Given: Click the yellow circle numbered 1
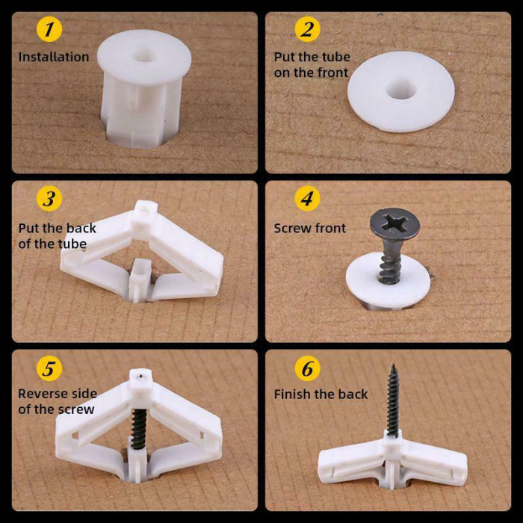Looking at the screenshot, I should pos(49,31).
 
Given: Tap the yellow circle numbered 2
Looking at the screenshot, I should pos(307,31).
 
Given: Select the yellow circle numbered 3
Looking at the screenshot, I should pos(49,199).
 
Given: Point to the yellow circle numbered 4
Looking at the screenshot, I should pos(307,199).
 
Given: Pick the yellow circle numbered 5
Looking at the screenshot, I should pos(49,369).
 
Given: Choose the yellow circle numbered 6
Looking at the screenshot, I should pos(307,369).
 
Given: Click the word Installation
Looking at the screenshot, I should pos(54,57).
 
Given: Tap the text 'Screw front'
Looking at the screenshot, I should pos(310,228).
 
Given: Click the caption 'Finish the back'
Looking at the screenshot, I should pos(321,394).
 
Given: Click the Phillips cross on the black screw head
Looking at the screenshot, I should pos(394,223).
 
